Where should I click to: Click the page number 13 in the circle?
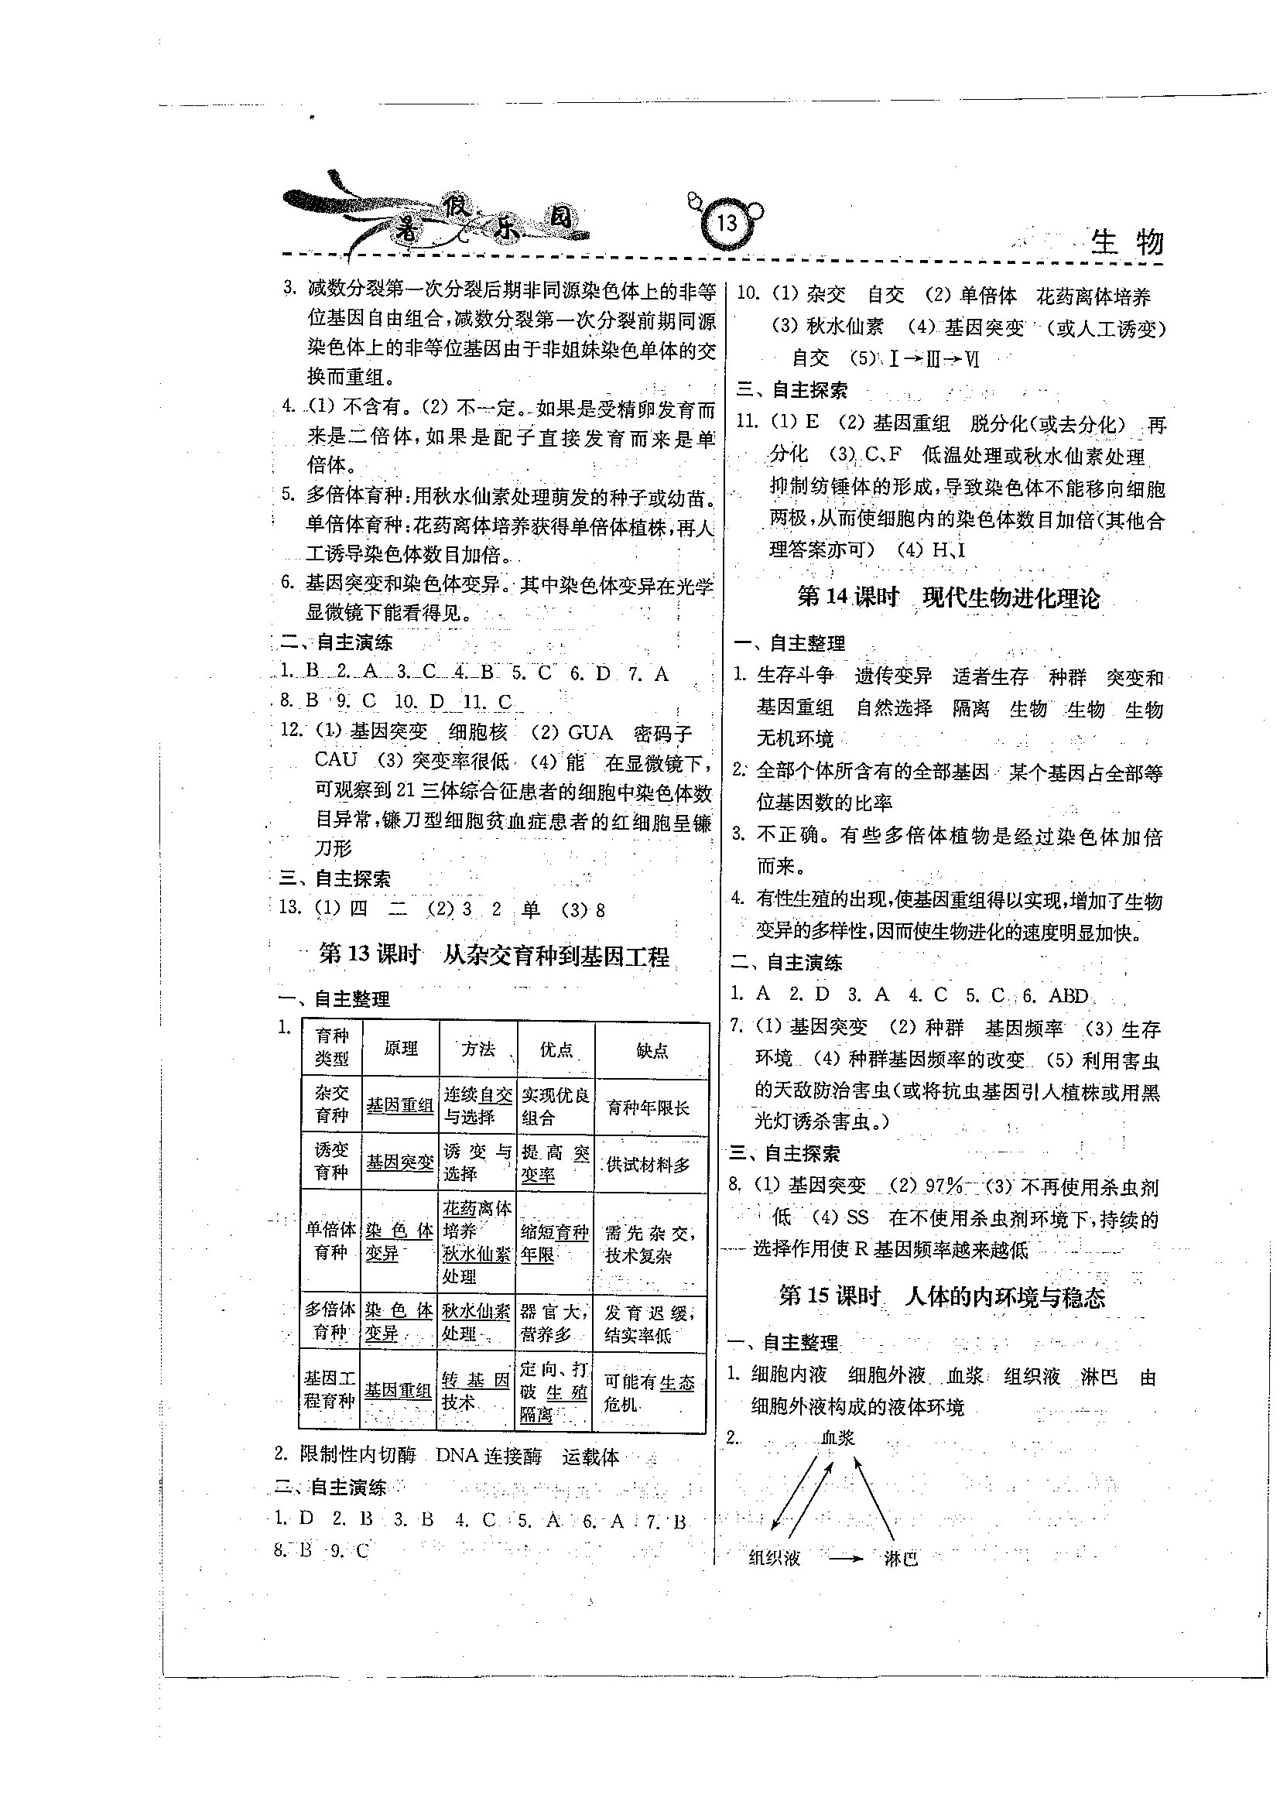[x=727, y=223]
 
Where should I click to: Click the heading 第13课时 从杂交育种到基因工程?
[x=494, y=956]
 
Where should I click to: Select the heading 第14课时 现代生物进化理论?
[x=948, y=597]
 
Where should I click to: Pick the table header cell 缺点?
[x=652, y=1050]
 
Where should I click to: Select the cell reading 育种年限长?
[x=649, y=1107]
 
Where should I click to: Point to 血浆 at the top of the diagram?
[x=837, y=1438]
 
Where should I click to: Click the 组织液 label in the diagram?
[x=775, y=1557]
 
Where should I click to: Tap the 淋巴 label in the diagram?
[x=900, y=1558]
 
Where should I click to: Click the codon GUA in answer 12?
[x=590, y=733]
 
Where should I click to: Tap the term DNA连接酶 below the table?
[x=488, y=1456]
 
